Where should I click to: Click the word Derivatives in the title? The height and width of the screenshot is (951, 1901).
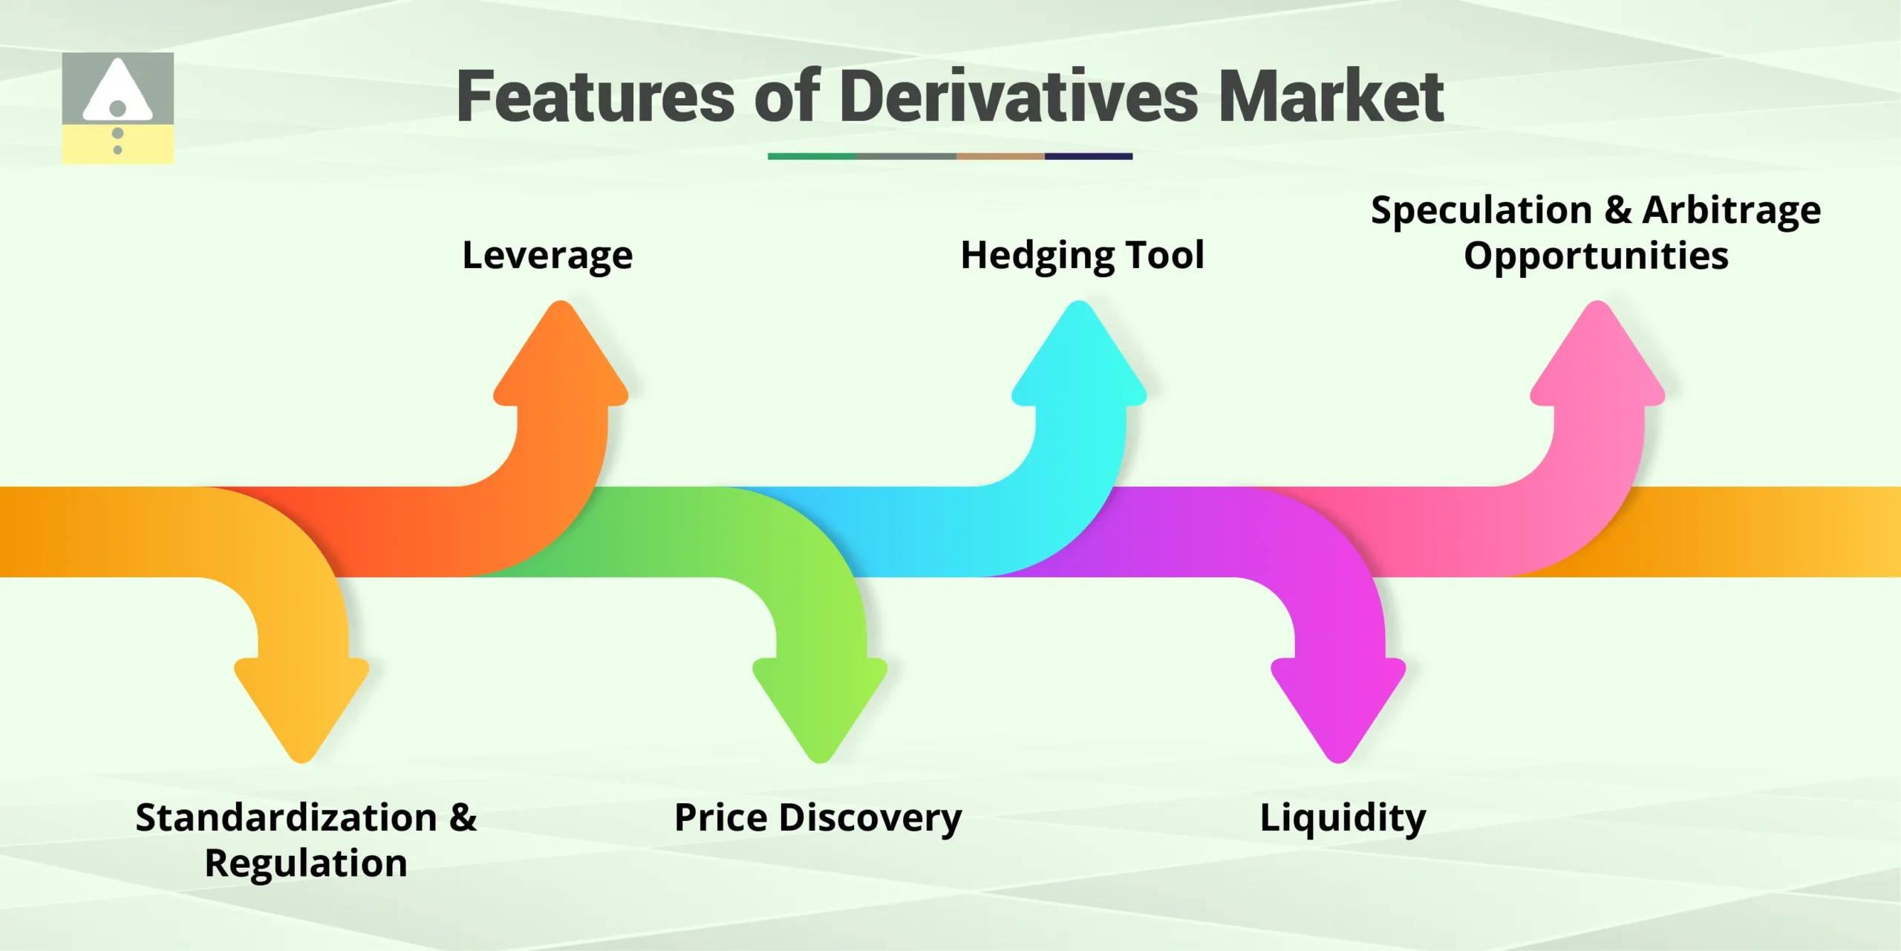coord(1019,97)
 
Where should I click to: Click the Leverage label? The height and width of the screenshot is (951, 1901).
coord(547,256)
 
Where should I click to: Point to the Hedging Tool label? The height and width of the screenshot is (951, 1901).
coord(1082,256)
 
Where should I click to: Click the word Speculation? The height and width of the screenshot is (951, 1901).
coord(1481,211)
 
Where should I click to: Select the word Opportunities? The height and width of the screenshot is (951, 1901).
coord(1596,256)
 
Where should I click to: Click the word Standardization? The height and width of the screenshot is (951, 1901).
coord(287,818)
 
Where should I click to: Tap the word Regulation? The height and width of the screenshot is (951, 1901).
coord(306,863)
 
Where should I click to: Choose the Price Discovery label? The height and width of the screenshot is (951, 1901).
coord(818,818)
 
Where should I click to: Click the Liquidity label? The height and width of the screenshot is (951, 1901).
coord(1343,818)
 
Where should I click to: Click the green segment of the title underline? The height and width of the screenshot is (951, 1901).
coord(812,157)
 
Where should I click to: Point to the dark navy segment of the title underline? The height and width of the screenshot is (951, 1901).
coord(1088,157)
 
